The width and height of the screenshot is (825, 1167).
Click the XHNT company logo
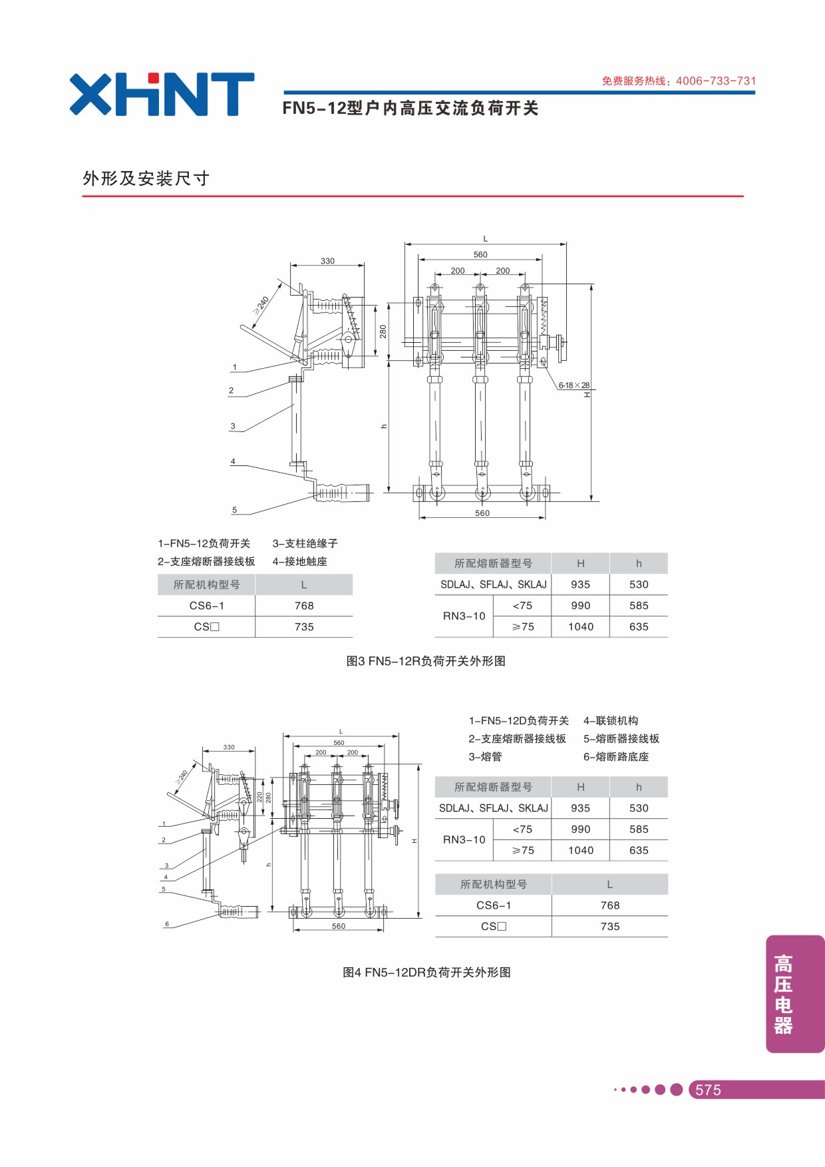point(162,94)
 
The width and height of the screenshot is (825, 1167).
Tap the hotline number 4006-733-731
point(716,81)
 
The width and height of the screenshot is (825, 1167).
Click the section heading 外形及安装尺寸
point(146,178)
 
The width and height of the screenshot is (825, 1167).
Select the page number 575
point(708,1090)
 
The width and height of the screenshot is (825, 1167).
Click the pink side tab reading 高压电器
point(795,994)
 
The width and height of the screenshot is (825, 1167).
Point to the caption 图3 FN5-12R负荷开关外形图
point(426,661)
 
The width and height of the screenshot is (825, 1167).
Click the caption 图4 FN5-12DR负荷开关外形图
point(426,973)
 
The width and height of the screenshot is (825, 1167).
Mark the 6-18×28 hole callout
point(574,385)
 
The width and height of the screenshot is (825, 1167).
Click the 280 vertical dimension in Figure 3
point(383,331)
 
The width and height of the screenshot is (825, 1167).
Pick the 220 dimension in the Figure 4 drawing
point(259,797)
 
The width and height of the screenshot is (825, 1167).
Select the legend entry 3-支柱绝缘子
point(305,544)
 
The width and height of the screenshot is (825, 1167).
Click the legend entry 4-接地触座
point(299,562)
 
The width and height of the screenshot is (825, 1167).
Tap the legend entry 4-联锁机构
point(611,721)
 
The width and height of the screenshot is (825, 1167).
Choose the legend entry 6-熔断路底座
point(616,757)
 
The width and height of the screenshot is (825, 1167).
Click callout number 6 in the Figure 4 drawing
point(167,924)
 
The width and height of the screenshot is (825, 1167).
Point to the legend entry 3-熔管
point(485,757)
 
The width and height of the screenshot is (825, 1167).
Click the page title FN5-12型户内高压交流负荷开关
point(411,109)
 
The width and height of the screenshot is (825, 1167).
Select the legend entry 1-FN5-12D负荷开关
point(519,721)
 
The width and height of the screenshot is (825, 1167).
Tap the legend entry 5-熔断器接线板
point(621,739)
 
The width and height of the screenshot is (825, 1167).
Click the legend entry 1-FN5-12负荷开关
point(204,544)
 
